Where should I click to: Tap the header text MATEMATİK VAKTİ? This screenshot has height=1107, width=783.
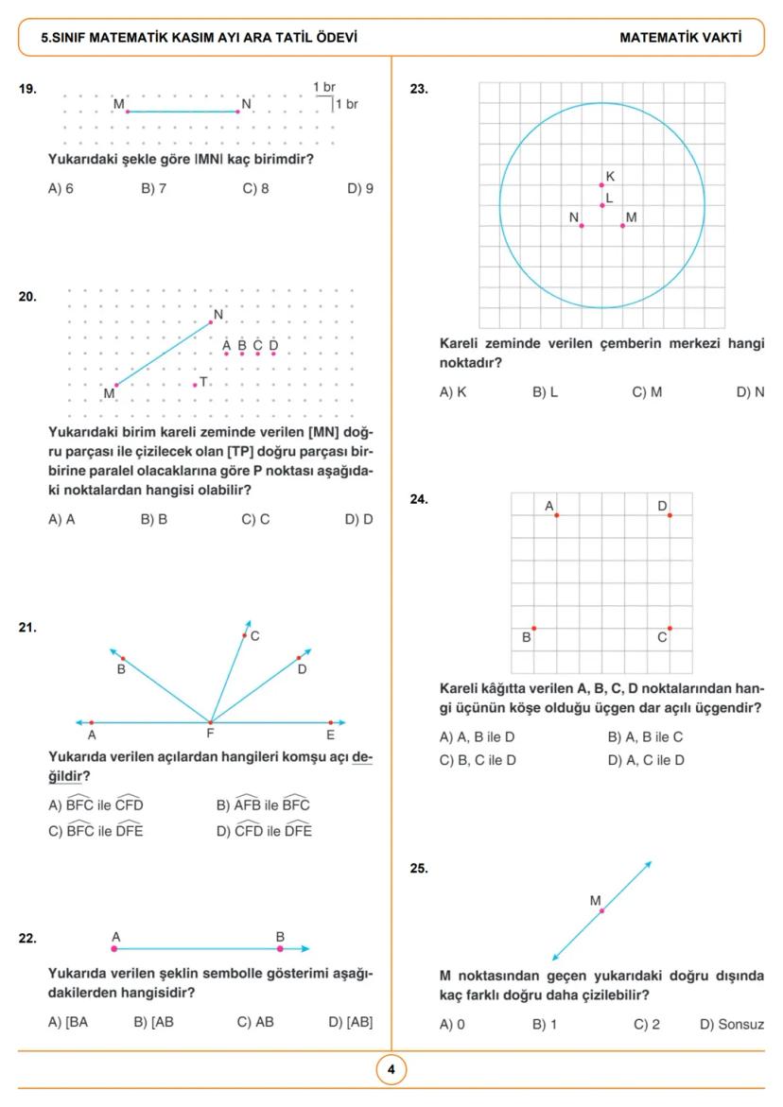pyautogui.click(x=680, y=38)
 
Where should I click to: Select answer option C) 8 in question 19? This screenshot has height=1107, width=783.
pyautogui.click(x=255, y=188)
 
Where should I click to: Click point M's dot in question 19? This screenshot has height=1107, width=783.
pyautogui.click(x=127, y=112)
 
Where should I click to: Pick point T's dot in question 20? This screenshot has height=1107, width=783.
pyautogui.click(x=195, y=384)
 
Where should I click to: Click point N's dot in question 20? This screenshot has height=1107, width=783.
pyautogui.click(x=211, y=322)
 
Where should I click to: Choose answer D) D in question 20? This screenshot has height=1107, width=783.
pyautogui.click(x=358, y=519)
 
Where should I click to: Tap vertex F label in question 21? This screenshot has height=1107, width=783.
pyautogui.click(x=210, y=735)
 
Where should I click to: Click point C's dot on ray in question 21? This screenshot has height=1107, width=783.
pyautogui.click(x=244, y=636)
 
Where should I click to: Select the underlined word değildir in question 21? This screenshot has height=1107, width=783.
pyautogui.click(x=69, y=775)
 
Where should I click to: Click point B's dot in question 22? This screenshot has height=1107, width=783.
pyautogui.click(x=280, y=948)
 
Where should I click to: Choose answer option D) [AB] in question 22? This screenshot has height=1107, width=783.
pyautogui.click(x=350, y=1022)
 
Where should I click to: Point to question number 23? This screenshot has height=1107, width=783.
pyautogui.click(x=418, y=89)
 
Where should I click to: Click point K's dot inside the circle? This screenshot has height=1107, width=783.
pyautogui.click(x=601, y=185)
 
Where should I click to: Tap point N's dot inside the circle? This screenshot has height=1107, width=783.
pyautogui.click(x=581, y=225)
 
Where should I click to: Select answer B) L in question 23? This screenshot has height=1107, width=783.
pyautogui.click(x=545, y=391)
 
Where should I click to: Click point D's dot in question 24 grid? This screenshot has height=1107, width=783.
pyautogui.click(x=670, y=515)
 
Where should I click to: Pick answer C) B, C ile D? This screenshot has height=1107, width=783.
pyautogui.click(x=478, y=759)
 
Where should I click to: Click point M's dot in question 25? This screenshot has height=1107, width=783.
pyautogui.click(x=601, y=910)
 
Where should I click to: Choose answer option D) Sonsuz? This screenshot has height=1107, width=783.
pyautogui.click(x=731, y=1024)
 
